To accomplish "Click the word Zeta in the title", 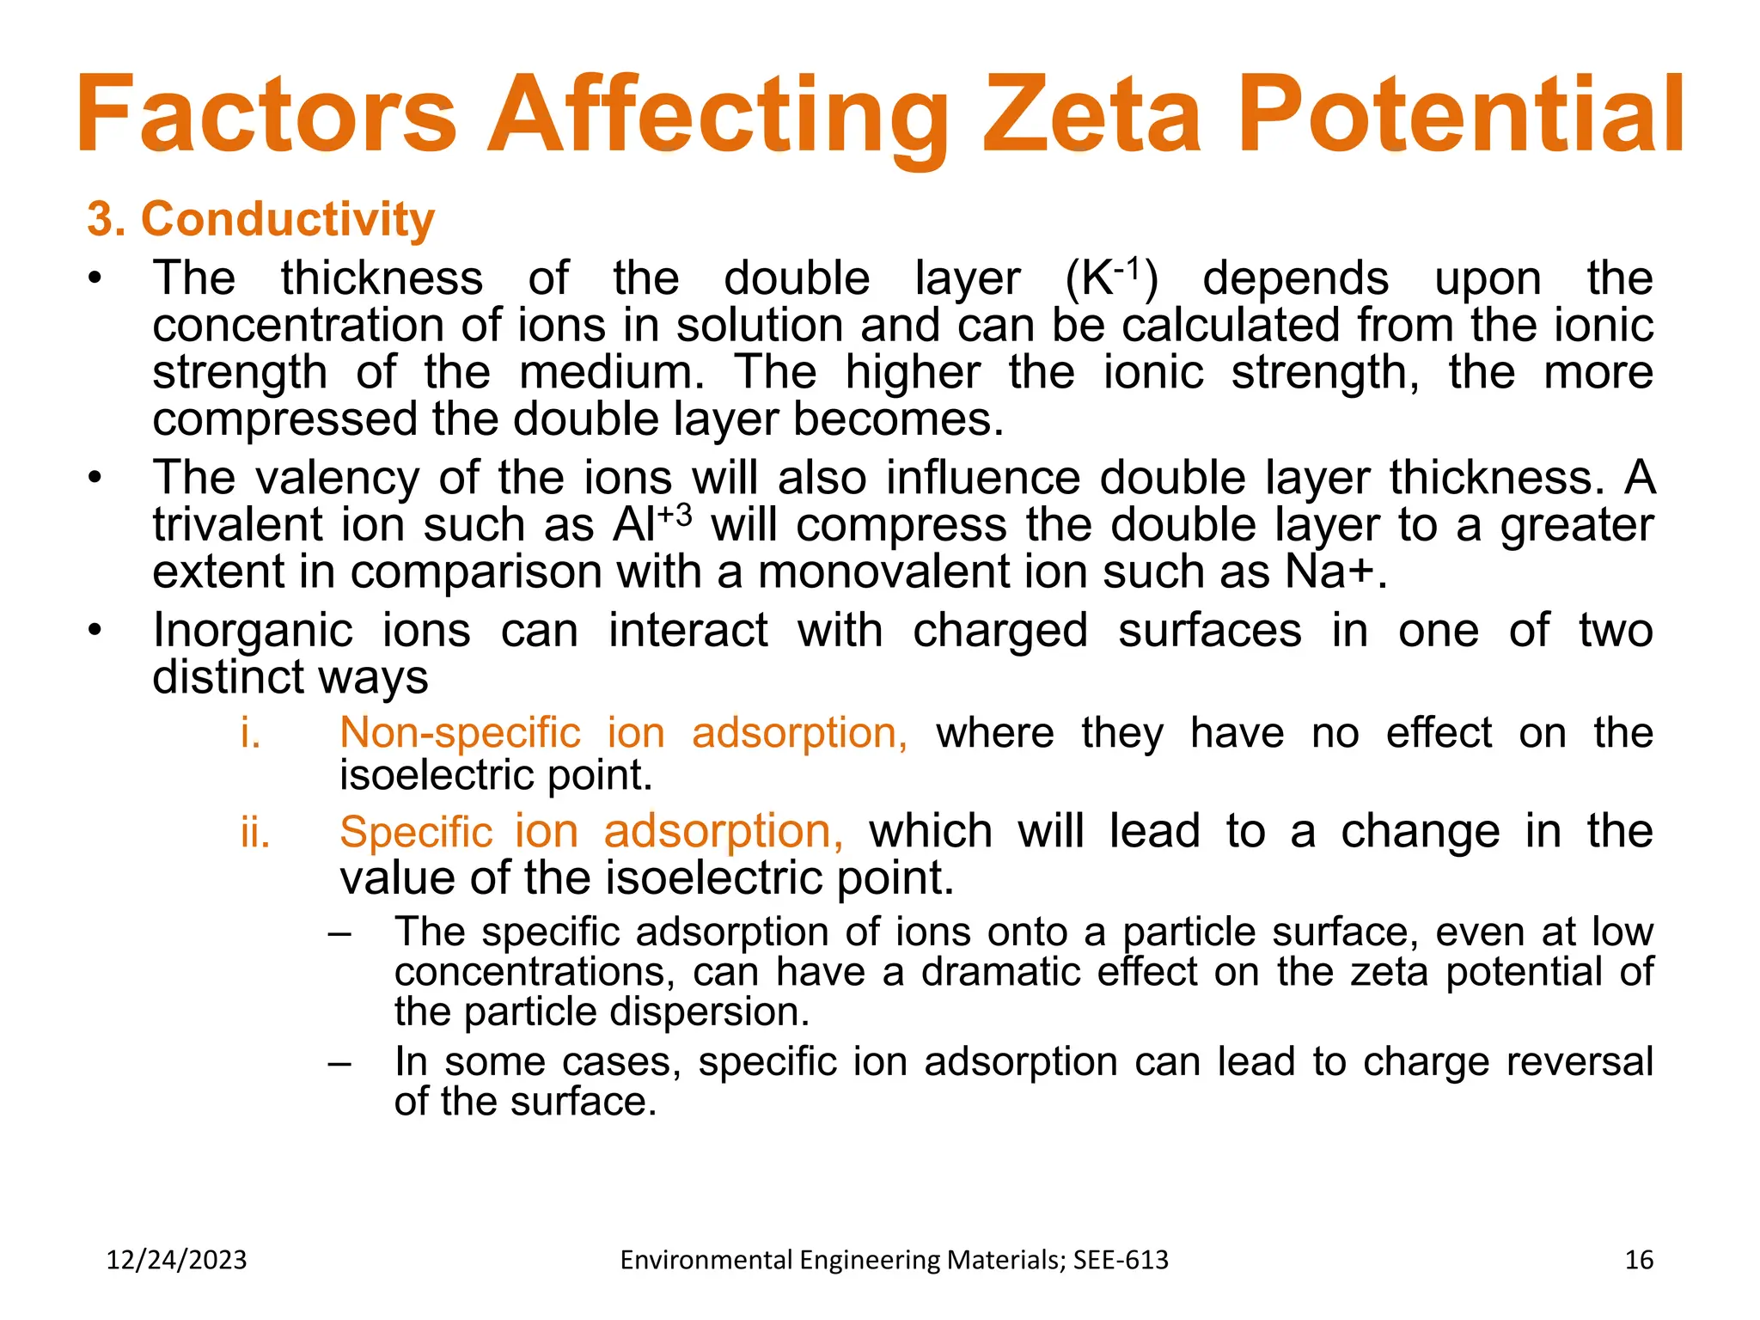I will (x=1091, y=114).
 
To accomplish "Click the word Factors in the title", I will (x=266, y=114).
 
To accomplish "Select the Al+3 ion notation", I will (x=651, y=524).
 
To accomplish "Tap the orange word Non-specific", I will (x=460, y=733).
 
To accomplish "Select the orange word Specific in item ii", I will (x=416, y=832).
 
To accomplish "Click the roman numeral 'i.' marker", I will (x=250, y=733).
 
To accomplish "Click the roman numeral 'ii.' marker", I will (x=255, y=832).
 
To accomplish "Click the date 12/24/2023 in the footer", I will (x=176, y=1260).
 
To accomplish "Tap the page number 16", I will (x=1639, y=1260).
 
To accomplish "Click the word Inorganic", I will (x=253, y=630).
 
